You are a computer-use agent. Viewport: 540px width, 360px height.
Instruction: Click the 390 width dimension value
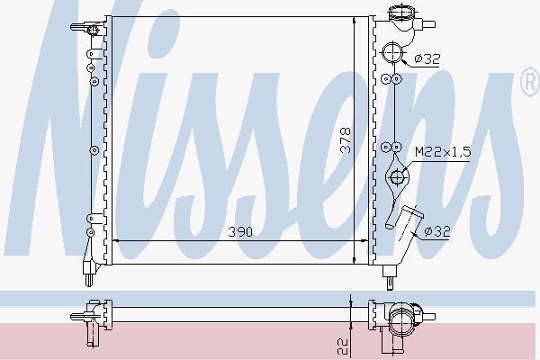pos(240,232)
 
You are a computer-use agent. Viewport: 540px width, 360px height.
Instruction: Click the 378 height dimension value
pos(345,140)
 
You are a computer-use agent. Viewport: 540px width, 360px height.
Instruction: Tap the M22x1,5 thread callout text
pos(443,151)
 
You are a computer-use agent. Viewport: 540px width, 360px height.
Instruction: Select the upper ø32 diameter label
pos(427,58)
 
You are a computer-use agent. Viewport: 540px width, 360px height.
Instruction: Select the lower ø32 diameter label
pos(436,231)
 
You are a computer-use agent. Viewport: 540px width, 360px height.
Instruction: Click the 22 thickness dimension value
pos(344,346)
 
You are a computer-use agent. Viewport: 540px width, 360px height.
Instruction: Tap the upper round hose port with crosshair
pos(391,53)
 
